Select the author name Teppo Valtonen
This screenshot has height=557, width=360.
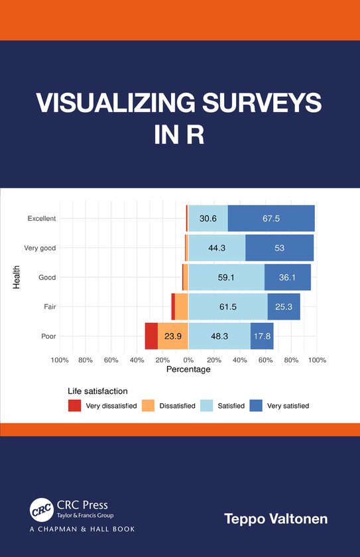coord(276,519)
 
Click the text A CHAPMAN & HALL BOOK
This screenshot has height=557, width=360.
coord(82,529)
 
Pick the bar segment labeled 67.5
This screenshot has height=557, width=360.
coord(271,219)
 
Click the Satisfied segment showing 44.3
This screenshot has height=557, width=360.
coord(217,248)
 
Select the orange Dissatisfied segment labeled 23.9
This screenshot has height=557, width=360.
coord(173,336)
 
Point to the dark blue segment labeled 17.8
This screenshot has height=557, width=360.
coord(262,336)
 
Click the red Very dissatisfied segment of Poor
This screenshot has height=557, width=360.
coord(151,336)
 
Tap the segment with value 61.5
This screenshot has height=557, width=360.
coord(227,306)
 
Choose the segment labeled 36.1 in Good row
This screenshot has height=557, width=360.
coord(287,277)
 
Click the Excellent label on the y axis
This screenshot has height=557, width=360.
coord(41,219)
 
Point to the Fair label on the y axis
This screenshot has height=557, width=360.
coord(49,307)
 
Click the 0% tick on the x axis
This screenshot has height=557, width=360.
coord(188,360)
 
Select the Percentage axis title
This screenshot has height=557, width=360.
coord(188,369)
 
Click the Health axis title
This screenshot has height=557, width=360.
coord(17,277)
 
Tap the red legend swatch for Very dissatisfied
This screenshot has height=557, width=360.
coord(75,405)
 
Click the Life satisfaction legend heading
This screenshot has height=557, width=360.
coord(97,391)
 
